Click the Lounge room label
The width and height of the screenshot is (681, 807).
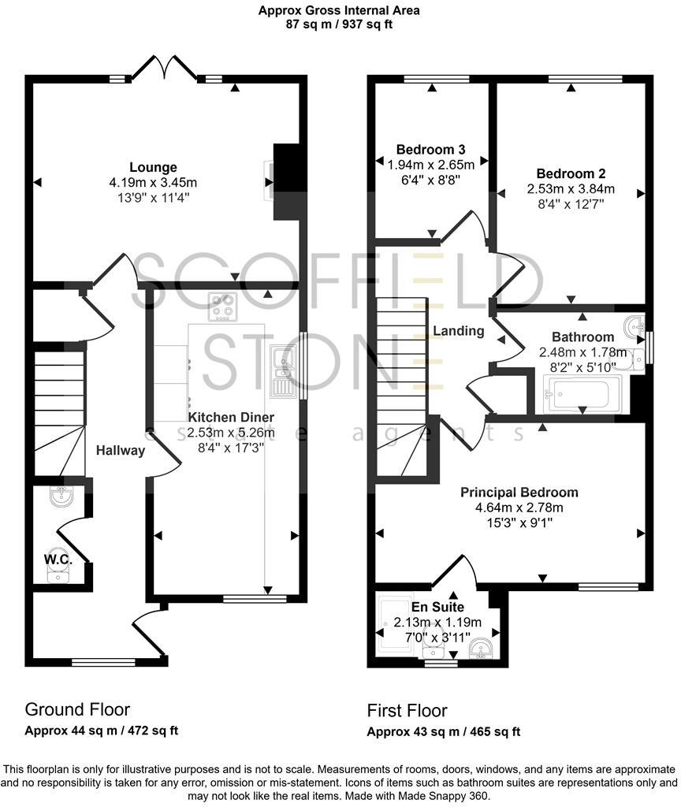pos(153,167)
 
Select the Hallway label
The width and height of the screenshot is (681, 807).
pos(121,451)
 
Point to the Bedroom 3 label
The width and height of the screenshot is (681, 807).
pos(430,150)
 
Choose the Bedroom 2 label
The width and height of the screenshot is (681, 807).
pos(571,173)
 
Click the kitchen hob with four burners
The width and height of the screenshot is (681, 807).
pos(223,307)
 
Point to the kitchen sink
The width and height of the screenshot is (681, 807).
pos(281,370)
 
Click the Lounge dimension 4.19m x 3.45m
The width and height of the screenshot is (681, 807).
pos(153,182)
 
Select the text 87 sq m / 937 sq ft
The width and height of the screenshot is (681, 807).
pos(339,24)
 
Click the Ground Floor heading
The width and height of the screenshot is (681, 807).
pos(77,709)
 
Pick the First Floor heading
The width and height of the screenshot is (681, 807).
pos(407,711)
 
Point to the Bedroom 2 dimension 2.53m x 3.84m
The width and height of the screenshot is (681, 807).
pos(571,189)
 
